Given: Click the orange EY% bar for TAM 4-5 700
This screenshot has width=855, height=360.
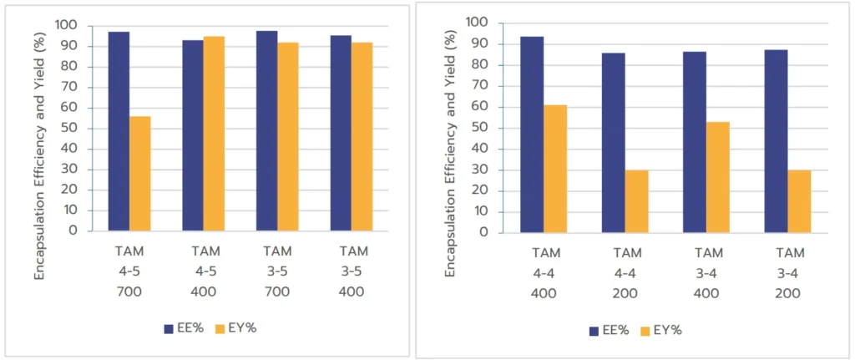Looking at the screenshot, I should pos(139,173).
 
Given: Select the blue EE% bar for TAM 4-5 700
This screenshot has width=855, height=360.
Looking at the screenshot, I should pos(119,130).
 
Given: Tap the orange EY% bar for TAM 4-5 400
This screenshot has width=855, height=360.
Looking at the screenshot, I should pos(214,133).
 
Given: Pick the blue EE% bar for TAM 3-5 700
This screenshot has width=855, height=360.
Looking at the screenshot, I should pos(266,130).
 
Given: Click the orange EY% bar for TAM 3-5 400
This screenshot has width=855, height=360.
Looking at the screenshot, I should pos(362,136).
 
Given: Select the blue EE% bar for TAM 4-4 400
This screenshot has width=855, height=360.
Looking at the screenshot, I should pos(532,134).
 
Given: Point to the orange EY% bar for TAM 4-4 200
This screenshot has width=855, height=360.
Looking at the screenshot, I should pos(636,201).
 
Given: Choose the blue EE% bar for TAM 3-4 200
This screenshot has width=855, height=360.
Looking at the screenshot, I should pos(776,141).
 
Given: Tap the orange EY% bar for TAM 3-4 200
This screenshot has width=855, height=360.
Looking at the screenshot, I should pos(799,201).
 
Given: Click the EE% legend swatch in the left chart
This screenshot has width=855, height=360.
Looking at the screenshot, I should pos(168,328).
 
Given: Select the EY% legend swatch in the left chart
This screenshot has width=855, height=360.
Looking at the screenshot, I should pos(220,328).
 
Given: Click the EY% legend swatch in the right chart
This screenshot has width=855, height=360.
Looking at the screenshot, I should pos(645,330).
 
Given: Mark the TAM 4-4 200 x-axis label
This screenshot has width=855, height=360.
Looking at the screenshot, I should pos(626,273).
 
